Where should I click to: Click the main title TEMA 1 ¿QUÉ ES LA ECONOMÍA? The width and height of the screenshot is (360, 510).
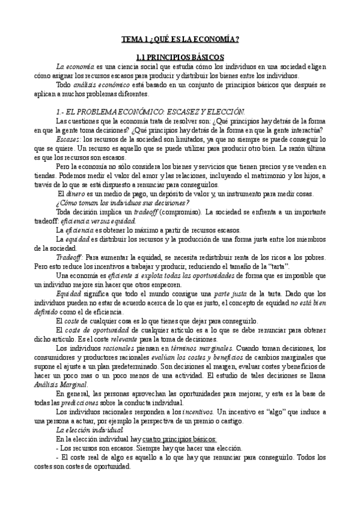tap(180, 40)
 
